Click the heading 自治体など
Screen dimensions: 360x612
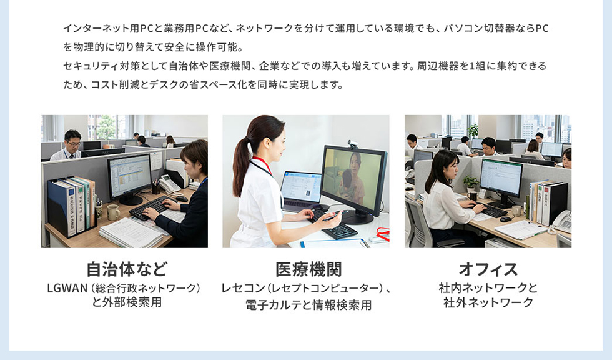[127, 270]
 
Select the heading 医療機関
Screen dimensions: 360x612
[308, 270]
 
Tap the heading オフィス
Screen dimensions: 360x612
[488, 270]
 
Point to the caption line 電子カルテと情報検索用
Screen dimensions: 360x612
[308, 306]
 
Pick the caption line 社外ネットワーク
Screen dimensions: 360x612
[488, 303]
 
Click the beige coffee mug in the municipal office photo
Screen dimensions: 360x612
[112, 212]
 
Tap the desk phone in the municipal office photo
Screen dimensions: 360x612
[169, 184]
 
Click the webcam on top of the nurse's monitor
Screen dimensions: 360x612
[352, 145]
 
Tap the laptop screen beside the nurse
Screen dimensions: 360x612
[301, 187]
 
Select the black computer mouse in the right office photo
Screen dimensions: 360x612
[505, 219]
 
